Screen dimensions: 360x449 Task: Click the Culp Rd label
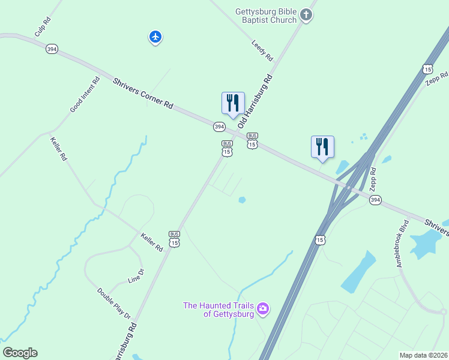pos(43,28)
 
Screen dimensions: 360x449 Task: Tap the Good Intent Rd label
pos(85,95)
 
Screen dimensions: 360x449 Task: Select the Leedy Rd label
pos(262,50)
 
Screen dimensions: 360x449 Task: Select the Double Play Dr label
pos(114,303)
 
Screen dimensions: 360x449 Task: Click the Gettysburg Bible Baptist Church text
pos(266,16)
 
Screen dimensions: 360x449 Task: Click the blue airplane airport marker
pos(155,37)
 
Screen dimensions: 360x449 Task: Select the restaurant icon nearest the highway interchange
pos(322,146)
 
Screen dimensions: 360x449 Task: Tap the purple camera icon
pos(262,309)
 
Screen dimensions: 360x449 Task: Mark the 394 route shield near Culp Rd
pos(52,49)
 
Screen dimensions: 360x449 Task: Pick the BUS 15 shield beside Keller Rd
pos(174,239)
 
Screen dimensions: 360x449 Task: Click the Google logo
pos(20,353)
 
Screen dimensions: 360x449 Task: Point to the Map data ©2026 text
pos(423,355)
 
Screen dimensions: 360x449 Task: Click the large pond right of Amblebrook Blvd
pos(427,242)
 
